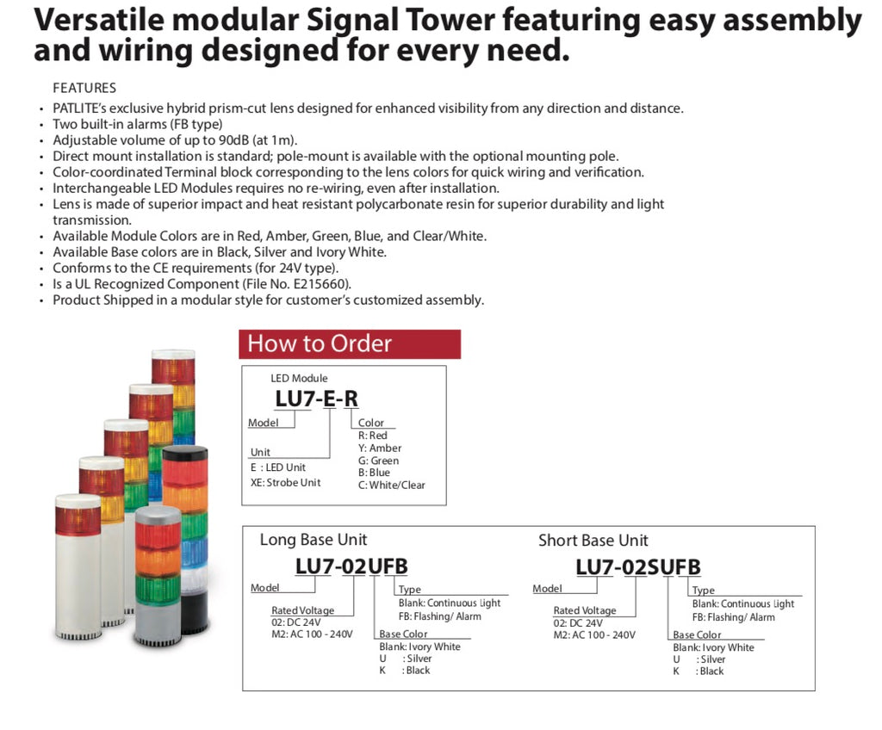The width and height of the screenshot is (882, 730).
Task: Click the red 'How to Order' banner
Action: tap(350, 344)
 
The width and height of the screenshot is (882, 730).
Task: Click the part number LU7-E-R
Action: tap(316, 399)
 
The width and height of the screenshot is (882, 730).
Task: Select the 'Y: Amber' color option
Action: tap(380, 449)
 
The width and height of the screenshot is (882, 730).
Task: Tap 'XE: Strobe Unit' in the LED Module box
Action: tap(285, 483)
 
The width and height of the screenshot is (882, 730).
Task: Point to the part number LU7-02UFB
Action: tap(351, 566)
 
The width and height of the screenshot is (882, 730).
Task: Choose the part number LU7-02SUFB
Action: tap(638, 567)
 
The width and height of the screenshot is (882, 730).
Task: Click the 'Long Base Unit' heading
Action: tap(314, 540)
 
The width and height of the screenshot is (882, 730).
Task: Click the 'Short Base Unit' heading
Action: tap(593, 541)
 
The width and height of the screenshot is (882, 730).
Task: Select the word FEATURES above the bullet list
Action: tap(84, 89)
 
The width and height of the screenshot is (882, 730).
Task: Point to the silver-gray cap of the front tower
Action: tap(158, 515)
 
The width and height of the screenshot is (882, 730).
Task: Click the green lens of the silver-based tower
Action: tap(158, 588)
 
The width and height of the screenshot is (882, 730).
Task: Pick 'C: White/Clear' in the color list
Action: tap(392, 486)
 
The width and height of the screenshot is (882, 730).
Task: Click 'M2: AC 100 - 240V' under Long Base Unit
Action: tap(312, 634)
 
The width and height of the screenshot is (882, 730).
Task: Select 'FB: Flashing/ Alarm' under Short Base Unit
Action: tap(734, 617)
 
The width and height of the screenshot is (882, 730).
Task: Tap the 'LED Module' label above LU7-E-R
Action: tap(299, 379)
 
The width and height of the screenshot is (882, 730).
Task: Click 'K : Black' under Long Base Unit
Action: tap(405, 671)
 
